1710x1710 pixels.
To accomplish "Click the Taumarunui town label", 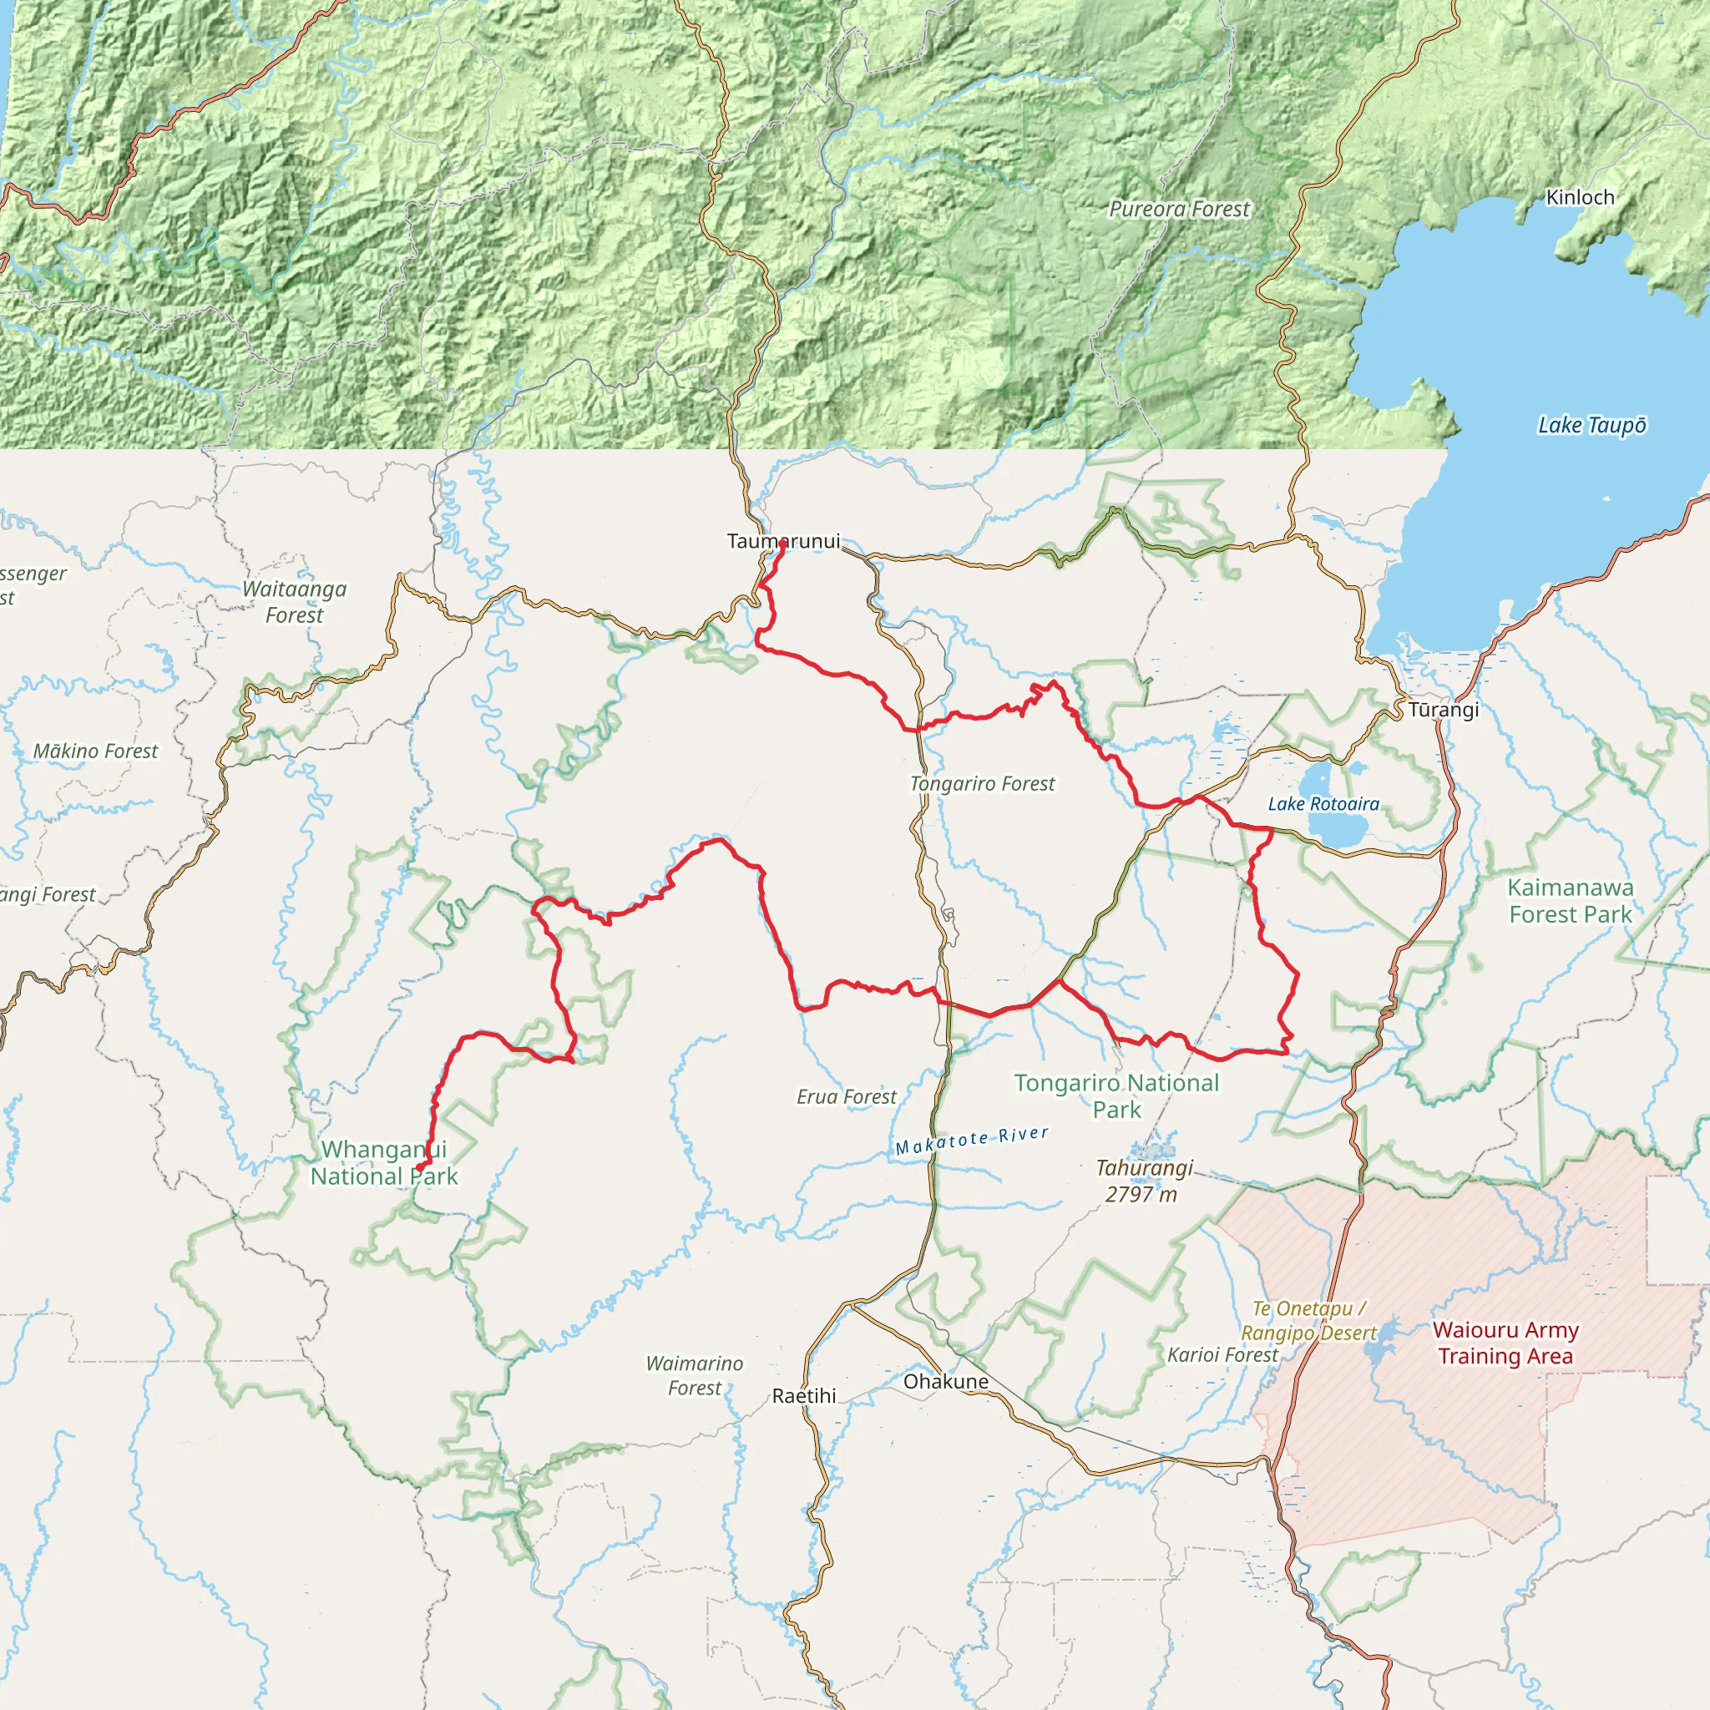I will click(783, 541).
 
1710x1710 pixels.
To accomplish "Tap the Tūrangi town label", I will click(1444, 710).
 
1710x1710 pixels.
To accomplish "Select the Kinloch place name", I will click(1580, 197).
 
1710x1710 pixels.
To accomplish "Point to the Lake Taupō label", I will click(1591, 426).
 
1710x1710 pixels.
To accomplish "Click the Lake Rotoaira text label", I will click(1323, 804).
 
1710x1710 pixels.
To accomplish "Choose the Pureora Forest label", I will click(1179, 209).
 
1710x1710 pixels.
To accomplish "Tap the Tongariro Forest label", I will click(983, 783).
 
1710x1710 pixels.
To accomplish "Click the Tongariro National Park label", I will click(1116, 1095).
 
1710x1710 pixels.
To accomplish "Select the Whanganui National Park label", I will click(384, 1162).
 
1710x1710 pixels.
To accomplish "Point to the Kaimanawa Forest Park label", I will click(1571, 900).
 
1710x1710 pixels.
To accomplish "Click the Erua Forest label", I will click(846, 1096).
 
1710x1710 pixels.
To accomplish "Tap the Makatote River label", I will click(972, 1141).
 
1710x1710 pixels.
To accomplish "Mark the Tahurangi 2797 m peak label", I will click(1144, 1181).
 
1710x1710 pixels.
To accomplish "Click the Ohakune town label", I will click(945, 1382).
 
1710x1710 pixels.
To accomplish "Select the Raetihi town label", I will click(804, 1396).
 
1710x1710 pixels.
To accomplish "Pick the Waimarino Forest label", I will click(695, 1375).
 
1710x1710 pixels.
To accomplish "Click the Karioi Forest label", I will click(1222, 1355).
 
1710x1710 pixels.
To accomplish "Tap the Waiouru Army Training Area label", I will click(1505, 1343).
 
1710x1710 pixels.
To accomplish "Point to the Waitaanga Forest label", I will click(295, 602).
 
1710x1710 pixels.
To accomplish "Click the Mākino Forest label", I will click(95, 751).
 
